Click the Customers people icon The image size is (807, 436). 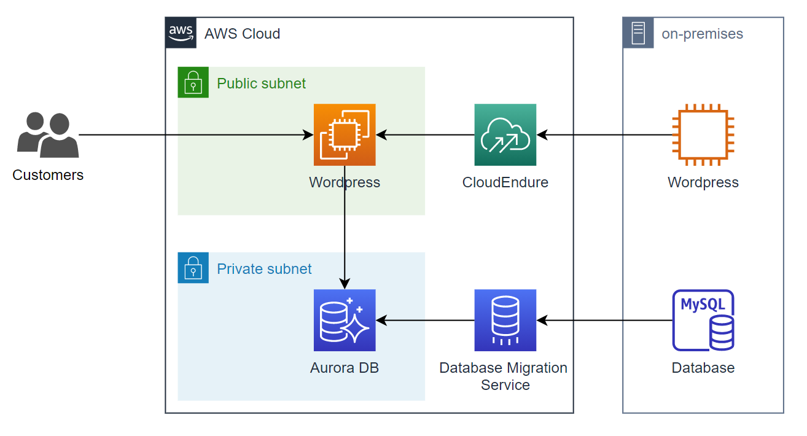[48, 134]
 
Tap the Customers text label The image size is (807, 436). [48, 175]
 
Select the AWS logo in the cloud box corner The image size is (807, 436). [181, 33]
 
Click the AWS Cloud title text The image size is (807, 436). [242, 34]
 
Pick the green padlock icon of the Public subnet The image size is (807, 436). [193, 82]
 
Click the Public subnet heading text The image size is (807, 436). [261, 84]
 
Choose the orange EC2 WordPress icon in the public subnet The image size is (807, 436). [345, 134]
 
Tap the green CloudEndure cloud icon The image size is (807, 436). [505, 134]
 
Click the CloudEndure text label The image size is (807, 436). [505, 182]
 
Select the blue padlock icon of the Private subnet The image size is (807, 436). [193, 268]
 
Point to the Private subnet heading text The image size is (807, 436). [264, 269]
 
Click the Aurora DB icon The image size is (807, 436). [345, 320]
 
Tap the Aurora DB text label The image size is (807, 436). [345, 368]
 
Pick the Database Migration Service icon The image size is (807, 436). [505, 320]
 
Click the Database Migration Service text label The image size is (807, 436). [504, 376]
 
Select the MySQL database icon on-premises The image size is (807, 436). [703, 320]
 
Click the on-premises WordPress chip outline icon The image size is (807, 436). [703, 134]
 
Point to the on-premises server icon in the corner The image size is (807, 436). [638, 33]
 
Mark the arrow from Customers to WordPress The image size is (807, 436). [184, 134]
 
